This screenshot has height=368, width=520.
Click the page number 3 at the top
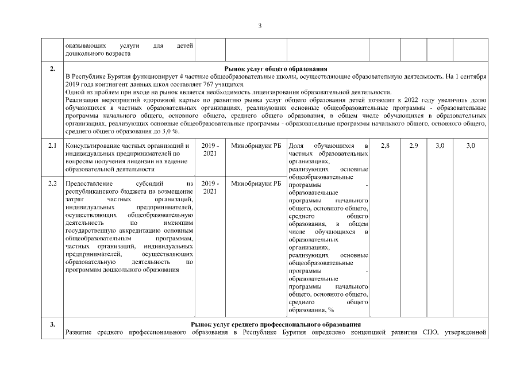pyautogui.click(x=260, y=26)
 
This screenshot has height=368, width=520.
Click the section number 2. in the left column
pyautogui.click(x=52, y=69)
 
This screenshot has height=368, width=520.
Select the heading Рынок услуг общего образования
pyautogui.click(x=276, y=69)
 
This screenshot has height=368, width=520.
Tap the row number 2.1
pyautogui.click(x=52, y=147)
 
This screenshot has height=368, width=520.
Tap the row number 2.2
pyautogui.click(x=52, y=184)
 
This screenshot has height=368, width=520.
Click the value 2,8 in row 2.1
pyautogui.click(x=385, y=147)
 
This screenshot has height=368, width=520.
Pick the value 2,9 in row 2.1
pyautogui.click(x=414, y=147)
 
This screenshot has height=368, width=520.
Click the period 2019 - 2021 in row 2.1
pyautogui.click(x=210, y=150)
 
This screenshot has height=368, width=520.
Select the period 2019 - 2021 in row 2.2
pyautogui.click(x=210, y=187)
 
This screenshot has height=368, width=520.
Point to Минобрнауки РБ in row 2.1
pyautogui.click(x=252, y=147)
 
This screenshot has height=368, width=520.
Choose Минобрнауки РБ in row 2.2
pyautogui.click(x=252, y=184)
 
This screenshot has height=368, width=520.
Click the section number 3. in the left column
pyautogui.click(x=52, y=325)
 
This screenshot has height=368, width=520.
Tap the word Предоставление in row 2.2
pyautogui.click(x=87, y=184)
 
